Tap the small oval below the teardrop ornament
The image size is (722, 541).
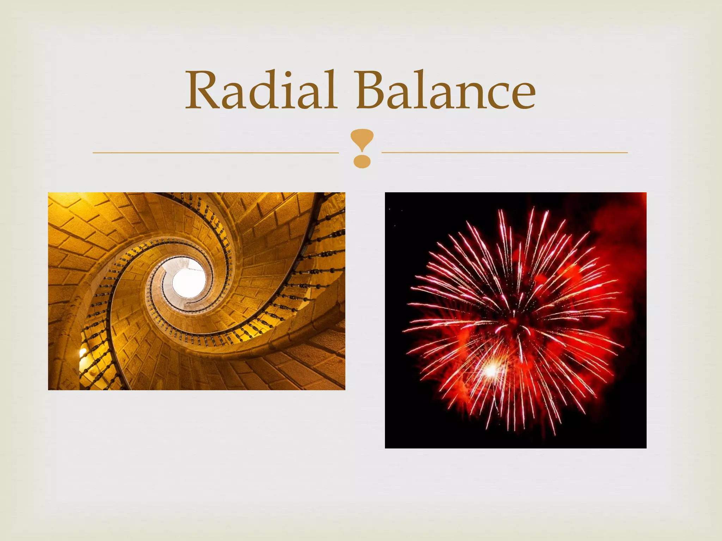click(x=362, y=162)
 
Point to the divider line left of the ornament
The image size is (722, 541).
click(x=215, y=153)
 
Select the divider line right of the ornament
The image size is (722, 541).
click(x=504, y=153)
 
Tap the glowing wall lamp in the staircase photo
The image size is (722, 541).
click(x=83, y=352)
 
